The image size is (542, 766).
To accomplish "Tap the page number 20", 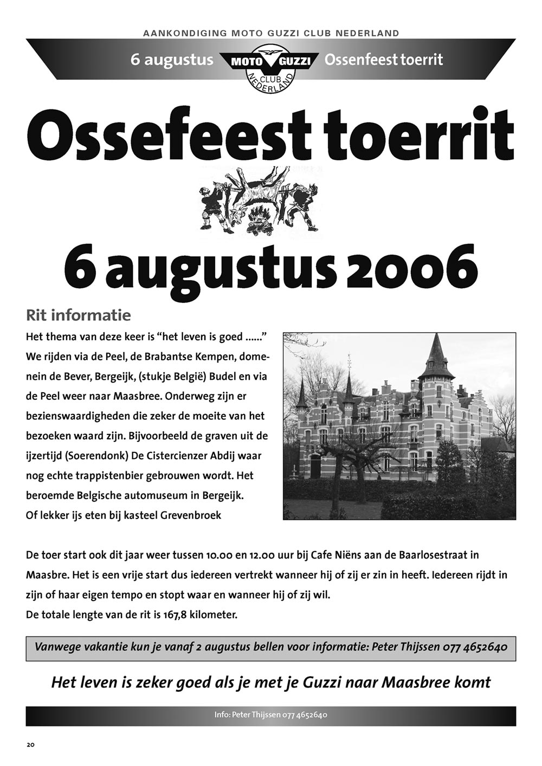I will [x=30, y=744].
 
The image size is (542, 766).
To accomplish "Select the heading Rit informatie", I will [x=78, y=315].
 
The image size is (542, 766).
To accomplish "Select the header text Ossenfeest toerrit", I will [x=383, y=60].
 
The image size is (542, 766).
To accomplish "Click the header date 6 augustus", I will [x=172, y=60].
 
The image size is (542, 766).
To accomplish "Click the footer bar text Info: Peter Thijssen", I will [x=247, y=715].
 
